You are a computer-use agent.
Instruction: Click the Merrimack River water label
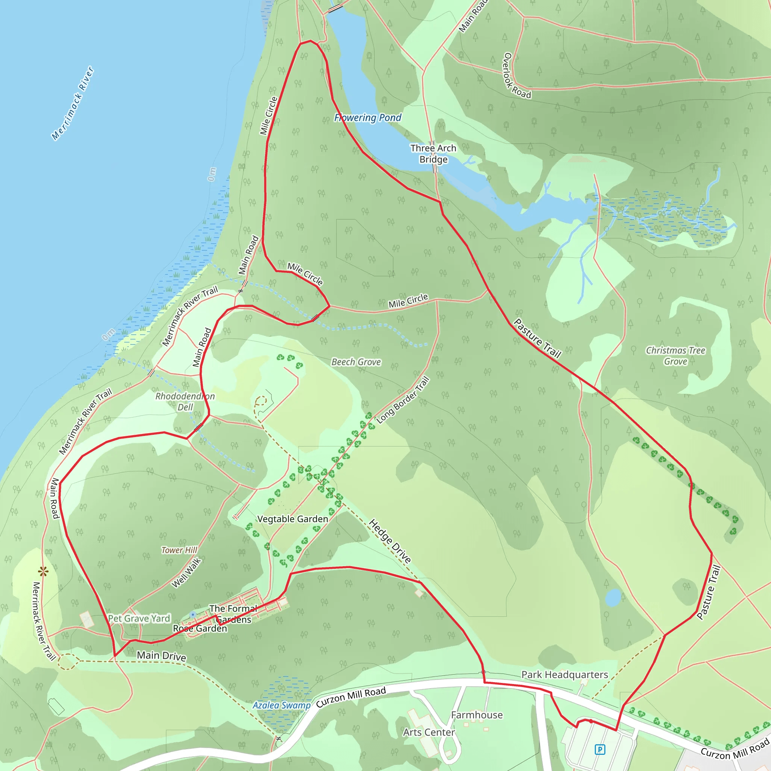click(x=73, y=104)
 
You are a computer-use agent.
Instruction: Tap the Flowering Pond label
click(x=367, y=118)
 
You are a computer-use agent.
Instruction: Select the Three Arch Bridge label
click(x=433, y=154)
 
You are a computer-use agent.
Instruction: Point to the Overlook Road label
click(x=517, y=76)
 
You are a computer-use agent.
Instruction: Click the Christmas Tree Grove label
click(x=675, y=355)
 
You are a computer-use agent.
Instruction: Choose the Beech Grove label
click(x=356, y=362)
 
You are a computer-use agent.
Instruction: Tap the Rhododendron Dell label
click(x=185, y=401)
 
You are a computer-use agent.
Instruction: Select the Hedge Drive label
click(x=390, y=541)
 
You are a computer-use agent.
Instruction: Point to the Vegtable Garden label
click(x=293, y=519)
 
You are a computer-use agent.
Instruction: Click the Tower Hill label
click(x=179, y=550)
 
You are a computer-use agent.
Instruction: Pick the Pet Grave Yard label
click(x=139, y=618)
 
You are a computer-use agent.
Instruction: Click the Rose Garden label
click(x=200, y=628)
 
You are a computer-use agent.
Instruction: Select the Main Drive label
click(x=161, y=656)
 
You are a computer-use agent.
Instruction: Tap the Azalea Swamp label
click(x=281, y=705)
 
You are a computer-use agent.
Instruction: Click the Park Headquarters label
click(x=564, y=674)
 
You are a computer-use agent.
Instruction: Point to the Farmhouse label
click(x=477, y=715)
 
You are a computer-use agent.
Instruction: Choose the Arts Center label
click(x=428, y=732)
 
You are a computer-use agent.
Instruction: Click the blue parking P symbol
click(x=599, y=750)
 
